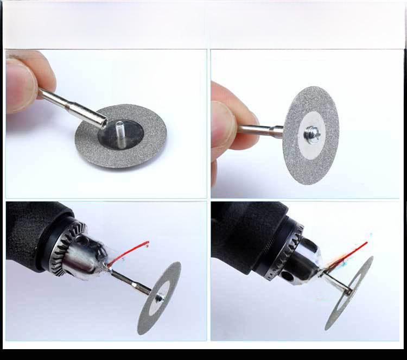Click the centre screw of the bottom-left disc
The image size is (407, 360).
[159, 298]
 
